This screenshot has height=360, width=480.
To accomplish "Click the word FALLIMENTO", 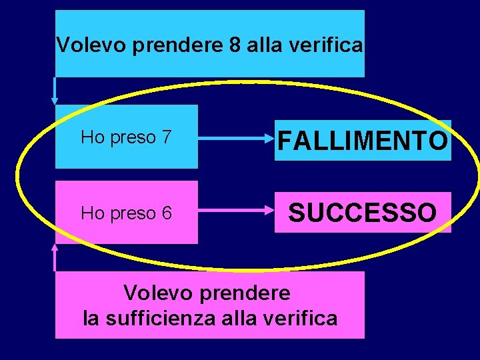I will [363, 141].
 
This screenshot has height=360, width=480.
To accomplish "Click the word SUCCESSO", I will [363, 213].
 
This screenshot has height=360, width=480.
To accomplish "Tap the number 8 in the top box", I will [234, 45].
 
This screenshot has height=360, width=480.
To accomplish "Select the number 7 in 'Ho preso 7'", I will [167, 137].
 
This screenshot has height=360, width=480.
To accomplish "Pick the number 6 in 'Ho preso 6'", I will [167, 213].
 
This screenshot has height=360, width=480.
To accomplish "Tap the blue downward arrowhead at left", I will [55, 99].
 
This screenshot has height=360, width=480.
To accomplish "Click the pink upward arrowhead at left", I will [55, 247].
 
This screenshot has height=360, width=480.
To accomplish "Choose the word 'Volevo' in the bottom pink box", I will [155, 293].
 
